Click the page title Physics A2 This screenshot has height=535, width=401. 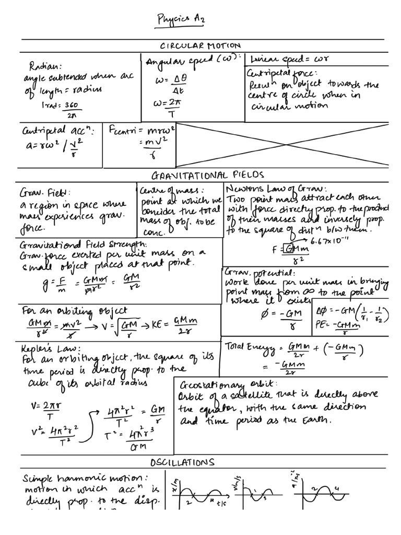182,20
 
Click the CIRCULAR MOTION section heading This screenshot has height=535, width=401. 201,46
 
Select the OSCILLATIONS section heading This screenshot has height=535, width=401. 182,462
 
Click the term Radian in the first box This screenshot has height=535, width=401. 45,66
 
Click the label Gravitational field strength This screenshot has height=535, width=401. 84,244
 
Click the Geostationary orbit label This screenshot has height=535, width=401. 219,383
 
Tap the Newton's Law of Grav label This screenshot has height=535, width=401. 277,189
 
